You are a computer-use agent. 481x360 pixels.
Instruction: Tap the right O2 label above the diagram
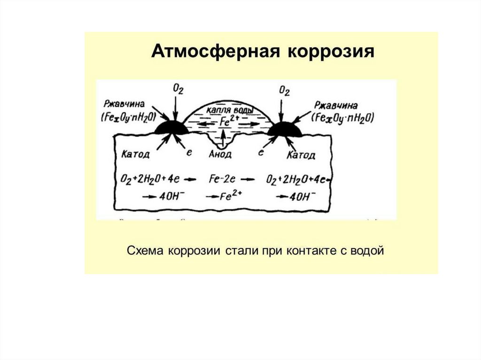tap(284, 90)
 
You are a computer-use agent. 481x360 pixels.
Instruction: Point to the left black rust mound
tap(171, 127)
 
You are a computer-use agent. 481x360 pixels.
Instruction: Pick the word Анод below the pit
tap(219, 153)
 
